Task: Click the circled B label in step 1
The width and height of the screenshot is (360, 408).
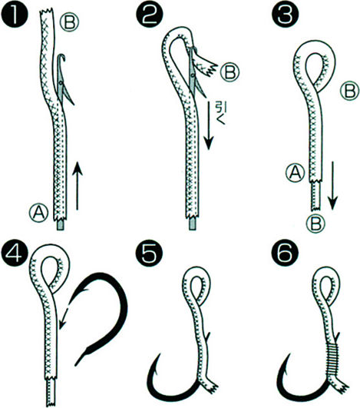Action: click(x=69, y=22)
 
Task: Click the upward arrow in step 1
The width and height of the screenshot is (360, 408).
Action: click(x=77, y=185)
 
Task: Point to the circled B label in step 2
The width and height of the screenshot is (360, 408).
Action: click(x=230, y=72)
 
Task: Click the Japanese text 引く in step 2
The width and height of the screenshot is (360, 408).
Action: click(x=218, y=113)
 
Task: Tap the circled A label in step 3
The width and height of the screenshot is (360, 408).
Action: click(x=295, y=173)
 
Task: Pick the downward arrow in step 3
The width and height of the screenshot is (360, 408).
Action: click(x=332, y=184)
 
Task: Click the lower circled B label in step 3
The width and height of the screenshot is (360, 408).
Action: click(x=315, y=224)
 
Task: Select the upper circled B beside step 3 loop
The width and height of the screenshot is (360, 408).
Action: click(x=350, y=91)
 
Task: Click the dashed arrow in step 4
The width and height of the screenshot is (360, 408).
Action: click(x=65, y=317)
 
